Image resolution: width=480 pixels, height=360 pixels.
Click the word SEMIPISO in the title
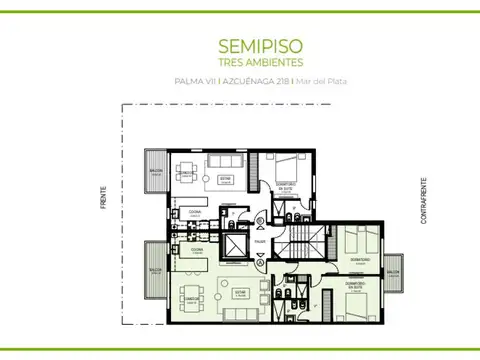pos(248,46)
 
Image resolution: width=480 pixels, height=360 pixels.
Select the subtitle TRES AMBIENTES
pos(248,62)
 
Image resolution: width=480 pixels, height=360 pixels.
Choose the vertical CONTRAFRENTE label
pos(424,200)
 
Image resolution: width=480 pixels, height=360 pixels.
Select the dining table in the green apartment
pos(190,297)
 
